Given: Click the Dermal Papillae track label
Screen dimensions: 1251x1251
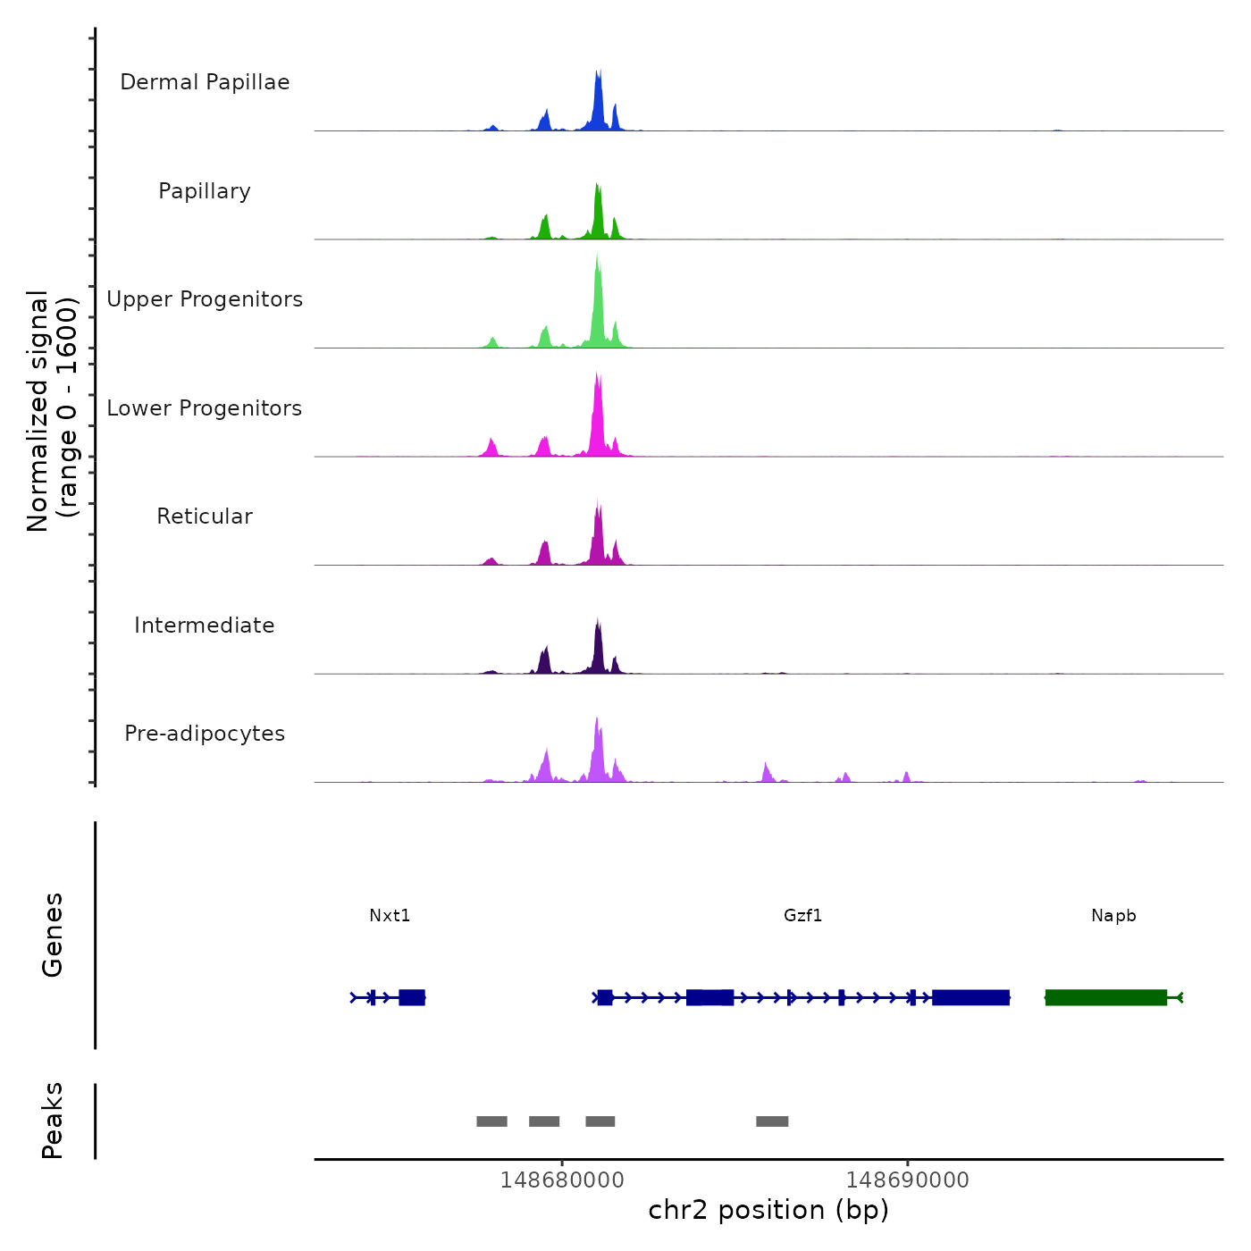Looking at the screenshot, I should pyautogui.click(x=205, y=82).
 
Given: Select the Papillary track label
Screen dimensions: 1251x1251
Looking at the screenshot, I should pyautogui.click(x=205, y=191).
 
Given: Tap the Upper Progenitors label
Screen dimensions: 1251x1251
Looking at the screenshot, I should pyautogui.click(x=205, y=299).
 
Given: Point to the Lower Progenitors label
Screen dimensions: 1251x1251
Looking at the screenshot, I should pyautogui.click(x=205, y=408).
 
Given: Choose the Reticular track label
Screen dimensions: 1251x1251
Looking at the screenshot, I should pyautogui.click(x=205, y=516).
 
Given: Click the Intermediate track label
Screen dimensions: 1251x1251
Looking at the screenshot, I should pyautogui.click(x=205, y=625).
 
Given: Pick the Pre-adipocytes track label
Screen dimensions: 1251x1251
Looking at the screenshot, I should pyautogui.click(x=205, y=734).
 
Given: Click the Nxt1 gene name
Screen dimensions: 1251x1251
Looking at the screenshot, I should pyautogui.click(x=390, y=915).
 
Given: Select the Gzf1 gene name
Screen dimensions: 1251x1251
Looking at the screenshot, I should pyautogui.click(x=802, y=915).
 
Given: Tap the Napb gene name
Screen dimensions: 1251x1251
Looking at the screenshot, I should pyautogui.click(x=1113, y=915).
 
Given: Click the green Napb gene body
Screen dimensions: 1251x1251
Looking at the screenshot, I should pyautogui.click(x=1106, y=997).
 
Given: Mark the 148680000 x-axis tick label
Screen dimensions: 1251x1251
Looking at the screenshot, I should pyautogui.click(x=562, y=1180).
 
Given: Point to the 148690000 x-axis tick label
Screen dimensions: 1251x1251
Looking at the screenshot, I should pyautogui.click(x=908, y=1180).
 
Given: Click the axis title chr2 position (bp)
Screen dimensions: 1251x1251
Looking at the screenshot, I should pyautogui.click(x=768, y=1210).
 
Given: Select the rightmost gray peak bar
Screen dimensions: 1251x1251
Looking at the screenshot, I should pyautogui.click(x=772, y=1121).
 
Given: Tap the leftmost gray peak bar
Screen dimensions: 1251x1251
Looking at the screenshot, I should pyautogui.click(x=491, y=1121).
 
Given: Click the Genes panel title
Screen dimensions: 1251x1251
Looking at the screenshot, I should pyautogui.click(x=53, y=935).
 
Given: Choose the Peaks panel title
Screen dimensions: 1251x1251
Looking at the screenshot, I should pyautogui.click(x=53, y=1121).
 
